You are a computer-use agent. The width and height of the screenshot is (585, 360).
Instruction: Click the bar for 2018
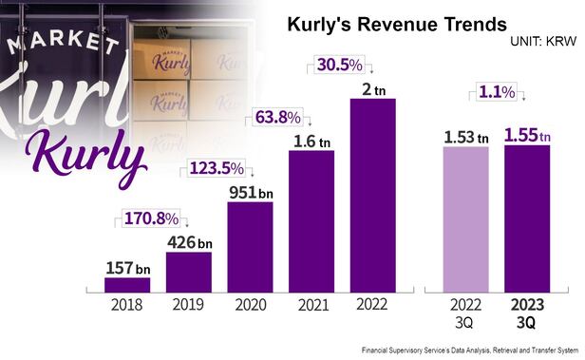tap(127, 284)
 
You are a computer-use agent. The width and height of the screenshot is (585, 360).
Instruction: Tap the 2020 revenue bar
tap(251, 246)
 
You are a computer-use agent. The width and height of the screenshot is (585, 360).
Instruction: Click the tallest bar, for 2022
tap(373, 194)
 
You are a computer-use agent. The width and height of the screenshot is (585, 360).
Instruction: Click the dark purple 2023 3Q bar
tap(527, 218)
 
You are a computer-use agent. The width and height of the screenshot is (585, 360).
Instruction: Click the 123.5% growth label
tap(217, 168)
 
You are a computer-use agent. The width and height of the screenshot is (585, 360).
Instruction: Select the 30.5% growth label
tap(339, 66)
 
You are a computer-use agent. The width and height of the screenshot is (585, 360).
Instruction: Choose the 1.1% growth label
tap(495, 92)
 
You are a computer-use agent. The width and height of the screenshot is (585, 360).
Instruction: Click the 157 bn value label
tap(128, 267)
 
